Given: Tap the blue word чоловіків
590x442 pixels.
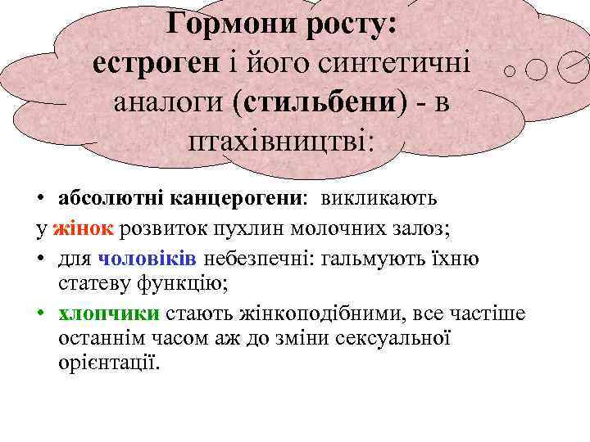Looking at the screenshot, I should (147, 259).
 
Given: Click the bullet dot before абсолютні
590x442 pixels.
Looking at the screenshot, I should (40, 200).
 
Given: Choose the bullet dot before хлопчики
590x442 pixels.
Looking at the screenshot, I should (40, 315).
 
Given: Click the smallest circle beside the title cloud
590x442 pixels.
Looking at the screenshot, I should (510, 71).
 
